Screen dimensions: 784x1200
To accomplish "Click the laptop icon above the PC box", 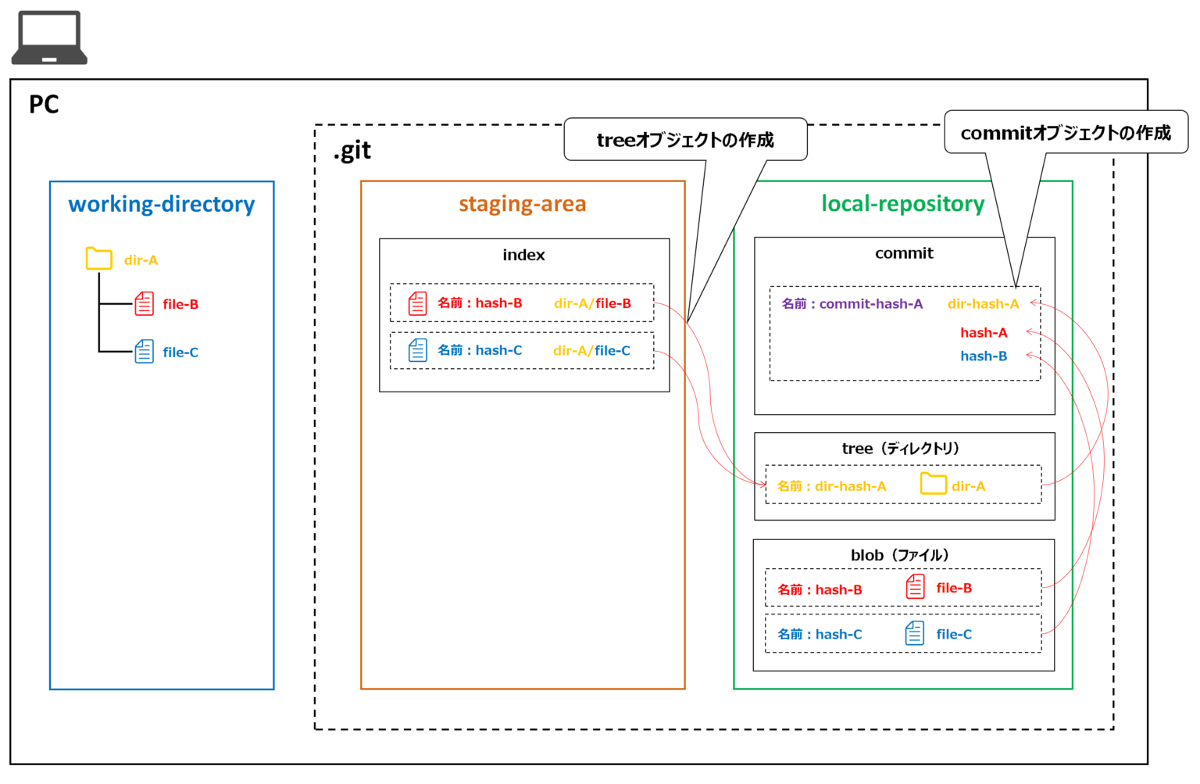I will click(x=49, y=38).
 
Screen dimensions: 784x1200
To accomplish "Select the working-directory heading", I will click(x=162, y=204).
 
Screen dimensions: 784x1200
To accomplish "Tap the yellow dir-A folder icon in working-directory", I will click(x=99, y=259).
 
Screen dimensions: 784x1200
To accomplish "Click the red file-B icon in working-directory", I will click(x=145, y=303).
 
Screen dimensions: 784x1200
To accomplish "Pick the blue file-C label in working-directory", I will click(x=180, y=353).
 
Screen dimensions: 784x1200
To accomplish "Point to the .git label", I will click(x=352, y=150).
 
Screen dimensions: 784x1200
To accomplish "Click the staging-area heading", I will click(x=522, y=204).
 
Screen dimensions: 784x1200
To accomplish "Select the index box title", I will click(x=523, y=255).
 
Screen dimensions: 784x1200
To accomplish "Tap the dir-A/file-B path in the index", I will click(x=592, y=303).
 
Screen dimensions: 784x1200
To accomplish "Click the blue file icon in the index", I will click(x=418, y=350).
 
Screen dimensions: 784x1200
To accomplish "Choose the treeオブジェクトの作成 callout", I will click(x=685, y=140).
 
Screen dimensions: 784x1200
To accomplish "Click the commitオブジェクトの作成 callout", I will click(x=1066, y=133).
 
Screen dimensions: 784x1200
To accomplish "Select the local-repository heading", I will click(x=902, y=204).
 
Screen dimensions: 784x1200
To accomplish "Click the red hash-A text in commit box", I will click(x=984, y=333).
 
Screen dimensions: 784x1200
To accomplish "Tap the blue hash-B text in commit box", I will click(x=984, y=356).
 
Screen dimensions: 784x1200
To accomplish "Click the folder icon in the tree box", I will click(x=933, y=484).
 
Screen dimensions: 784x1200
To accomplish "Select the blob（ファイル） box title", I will click(x=900, y=555).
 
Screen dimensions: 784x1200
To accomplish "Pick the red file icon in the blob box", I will click(x=915, y=586).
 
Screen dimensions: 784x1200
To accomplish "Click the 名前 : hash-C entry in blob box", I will click(x=820, y=635).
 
